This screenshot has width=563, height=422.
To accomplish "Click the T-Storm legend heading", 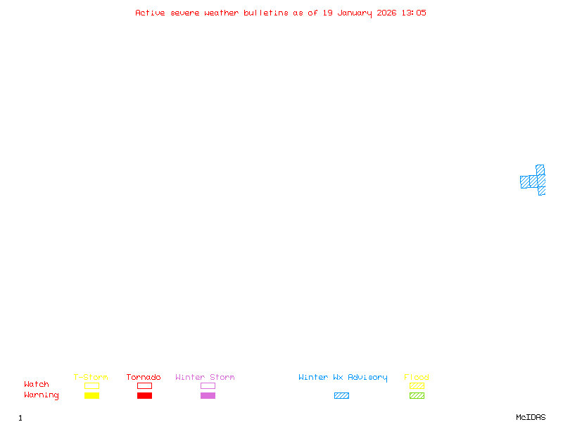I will pos(91,378).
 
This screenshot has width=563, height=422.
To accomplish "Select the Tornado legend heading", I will pos(144,378).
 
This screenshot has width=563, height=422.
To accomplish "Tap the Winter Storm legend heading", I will pos(205,378).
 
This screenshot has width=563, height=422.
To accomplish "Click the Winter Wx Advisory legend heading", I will pos(343,378).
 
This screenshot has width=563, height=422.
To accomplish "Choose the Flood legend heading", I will pos(417,378).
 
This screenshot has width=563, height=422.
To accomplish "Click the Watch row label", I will pos(37,385).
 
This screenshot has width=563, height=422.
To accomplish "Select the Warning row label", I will pos(42,395).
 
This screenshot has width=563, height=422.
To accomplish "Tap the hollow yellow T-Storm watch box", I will pos(91,385).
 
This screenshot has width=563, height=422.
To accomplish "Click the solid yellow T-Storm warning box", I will pos(91,395).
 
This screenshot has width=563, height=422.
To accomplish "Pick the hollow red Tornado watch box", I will pos(144,385).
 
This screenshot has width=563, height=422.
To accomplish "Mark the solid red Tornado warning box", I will pos(144,395).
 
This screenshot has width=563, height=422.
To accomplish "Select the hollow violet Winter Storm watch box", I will pos(208,385).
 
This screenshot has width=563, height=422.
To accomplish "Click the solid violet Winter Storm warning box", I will pos(208,395).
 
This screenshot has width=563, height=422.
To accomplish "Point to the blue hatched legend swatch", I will pos(341,395).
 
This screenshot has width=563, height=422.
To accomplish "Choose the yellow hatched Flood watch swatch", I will pos(417,385).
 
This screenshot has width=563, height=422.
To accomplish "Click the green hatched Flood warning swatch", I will pos(417,395).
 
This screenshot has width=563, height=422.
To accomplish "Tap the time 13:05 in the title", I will pos(414,13).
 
